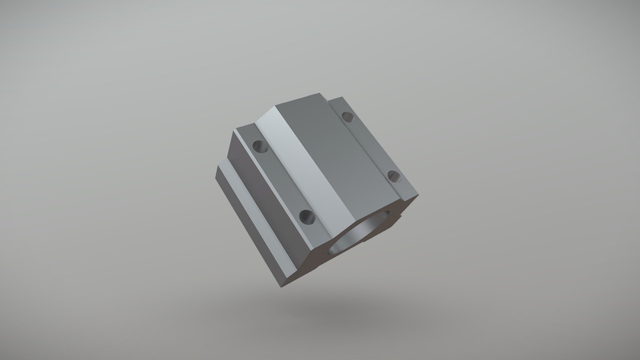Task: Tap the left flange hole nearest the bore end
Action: (307, 217)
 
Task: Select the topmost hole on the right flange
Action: (348, 117)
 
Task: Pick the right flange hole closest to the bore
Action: (395, 176)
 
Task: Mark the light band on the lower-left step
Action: (253, 213)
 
